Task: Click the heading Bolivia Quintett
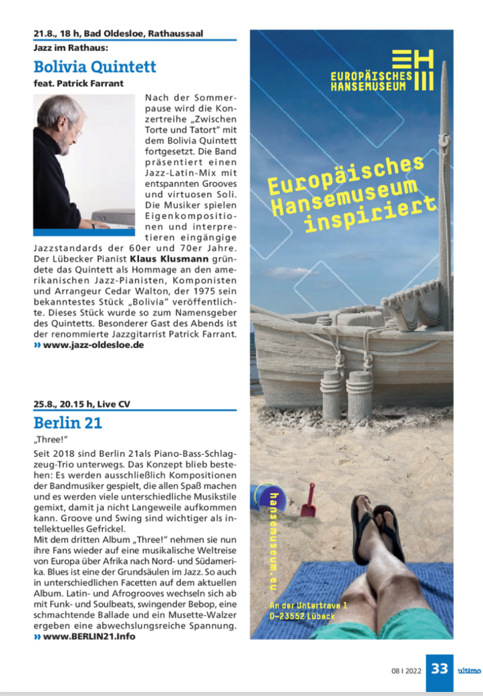point(95,67)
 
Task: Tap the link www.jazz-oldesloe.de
point(93,345)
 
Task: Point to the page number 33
point(439,669)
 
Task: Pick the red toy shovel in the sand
point(308,501)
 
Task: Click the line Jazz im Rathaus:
point(71,48)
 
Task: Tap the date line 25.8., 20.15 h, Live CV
point(82,404)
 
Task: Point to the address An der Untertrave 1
point(308,606)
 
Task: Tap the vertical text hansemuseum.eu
point(273,540)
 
